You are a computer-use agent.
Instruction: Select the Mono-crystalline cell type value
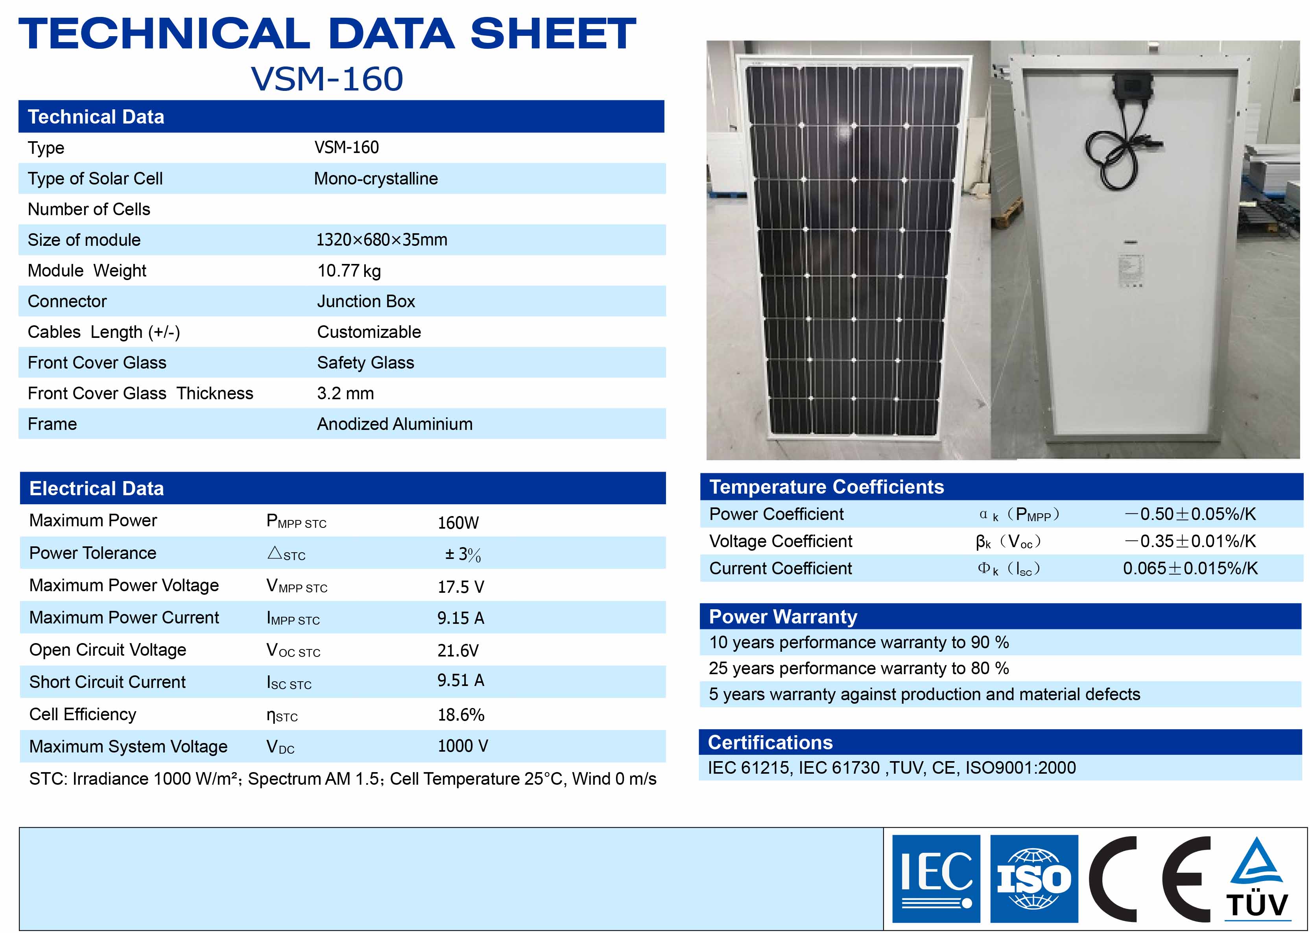click(x=376, y=179)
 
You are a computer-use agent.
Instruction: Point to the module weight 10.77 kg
click(x=349, y=271)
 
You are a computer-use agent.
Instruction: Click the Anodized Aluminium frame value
click(x=395, y=424)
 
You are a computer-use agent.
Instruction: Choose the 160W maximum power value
click(x=458, y=523)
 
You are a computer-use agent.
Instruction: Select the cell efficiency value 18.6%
click(x=461, y=715)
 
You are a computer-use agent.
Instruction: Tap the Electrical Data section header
click(x=96, y=489)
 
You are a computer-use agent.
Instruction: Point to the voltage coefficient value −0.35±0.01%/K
click(x=1190, y=541)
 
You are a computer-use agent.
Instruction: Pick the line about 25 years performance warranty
click(x=859, y=668)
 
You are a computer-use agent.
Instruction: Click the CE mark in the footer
click(x=1149, y=879)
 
